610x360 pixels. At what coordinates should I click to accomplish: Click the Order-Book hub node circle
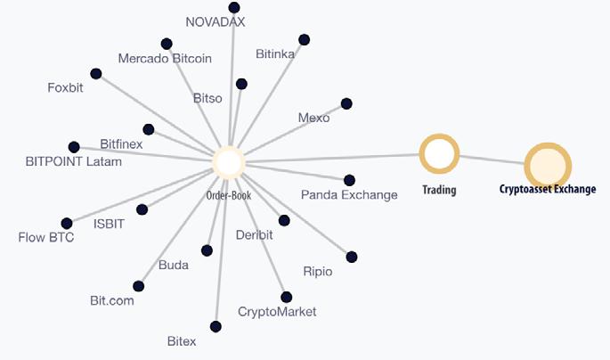(229, 162)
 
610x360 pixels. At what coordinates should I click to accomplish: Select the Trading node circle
(439, 154)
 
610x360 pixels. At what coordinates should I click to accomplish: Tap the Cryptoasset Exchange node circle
(547, 166)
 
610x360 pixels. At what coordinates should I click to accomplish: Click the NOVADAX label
(215, 22)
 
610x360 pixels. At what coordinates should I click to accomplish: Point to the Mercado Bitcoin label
(165, 59)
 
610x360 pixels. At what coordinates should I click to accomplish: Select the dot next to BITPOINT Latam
(74, 147)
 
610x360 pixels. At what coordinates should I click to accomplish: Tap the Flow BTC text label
(46, 237)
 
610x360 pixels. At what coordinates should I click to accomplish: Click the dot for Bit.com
(138, 286)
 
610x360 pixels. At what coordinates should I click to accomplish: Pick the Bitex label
(182, 341)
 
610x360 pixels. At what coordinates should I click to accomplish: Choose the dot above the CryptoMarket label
(286, 297)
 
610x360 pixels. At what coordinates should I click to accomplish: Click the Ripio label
(317, 271)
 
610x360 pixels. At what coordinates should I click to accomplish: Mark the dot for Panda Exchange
(349, 180)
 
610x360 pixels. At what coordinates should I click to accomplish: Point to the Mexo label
(313, 118)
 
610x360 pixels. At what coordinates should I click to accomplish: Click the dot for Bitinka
(305, 39)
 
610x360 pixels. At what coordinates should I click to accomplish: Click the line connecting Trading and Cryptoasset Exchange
(492, 160)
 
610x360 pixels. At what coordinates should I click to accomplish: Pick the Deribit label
(255, 235)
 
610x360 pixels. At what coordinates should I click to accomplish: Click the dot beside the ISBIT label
(142, 209)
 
